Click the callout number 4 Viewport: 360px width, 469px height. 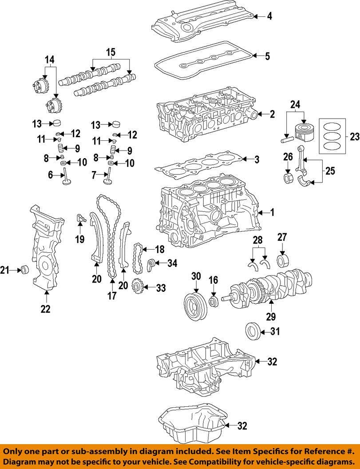(269, 17)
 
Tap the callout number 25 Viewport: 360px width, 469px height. (330, 170)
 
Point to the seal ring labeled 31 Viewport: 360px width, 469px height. (252, 331)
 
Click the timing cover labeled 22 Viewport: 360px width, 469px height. (44, 249)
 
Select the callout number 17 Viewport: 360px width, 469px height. (111, 295)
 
